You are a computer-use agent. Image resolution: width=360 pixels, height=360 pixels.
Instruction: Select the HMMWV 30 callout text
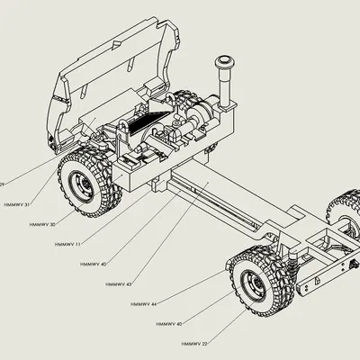click(x=41, y=224)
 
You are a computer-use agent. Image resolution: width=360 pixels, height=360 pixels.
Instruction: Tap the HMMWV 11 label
click(x=67, y=244)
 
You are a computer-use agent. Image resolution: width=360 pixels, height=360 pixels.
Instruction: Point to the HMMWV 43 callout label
click(x=118, y=284)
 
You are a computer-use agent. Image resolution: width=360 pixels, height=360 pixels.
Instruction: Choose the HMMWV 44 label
click(x=143, y=304)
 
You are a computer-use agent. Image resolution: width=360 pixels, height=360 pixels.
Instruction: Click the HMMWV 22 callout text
click(x=194, y=344)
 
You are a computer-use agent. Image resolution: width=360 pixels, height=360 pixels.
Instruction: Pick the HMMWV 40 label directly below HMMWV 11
click(x=93, y=264)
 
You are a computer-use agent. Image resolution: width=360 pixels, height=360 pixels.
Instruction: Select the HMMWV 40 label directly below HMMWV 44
click(x=168, y=324)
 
